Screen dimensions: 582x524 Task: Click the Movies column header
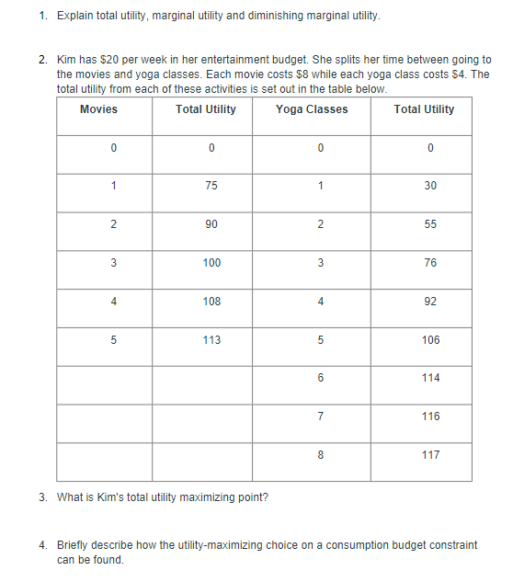(98, 109)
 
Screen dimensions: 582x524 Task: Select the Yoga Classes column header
(312, 109)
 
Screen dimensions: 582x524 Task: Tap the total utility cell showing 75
(211, 186)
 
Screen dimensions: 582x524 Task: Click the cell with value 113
(211, 340)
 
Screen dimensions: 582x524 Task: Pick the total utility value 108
(211, 302)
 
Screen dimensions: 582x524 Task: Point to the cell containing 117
(430, 455)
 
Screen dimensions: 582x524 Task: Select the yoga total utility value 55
(430, 224)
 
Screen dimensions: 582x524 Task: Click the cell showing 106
(430, 340)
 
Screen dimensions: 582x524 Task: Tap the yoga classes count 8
(320, 455)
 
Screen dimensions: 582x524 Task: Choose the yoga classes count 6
(320, 378)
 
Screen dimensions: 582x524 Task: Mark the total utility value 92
(430, 302)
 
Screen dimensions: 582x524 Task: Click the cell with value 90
(211, 224)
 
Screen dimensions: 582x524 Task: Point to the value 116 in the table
(430, 417)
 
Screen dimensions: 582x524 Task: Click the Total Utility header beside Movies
(205, 109)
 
